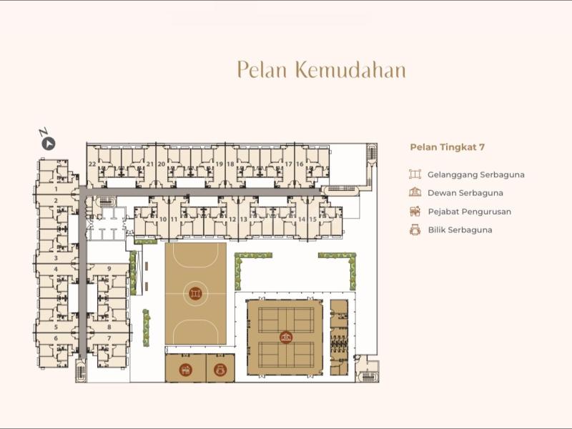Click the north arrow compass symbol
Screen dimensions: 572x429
point(48,144)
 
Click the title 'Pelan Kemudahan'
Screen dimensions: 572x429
point(321,69)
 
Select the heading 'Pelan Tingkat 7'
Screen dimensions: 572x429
point(448,147)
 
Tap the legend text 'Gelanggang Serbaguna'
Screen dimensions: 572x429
point(476,174)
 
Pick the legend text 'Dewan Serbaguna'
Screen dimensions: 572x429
point(465,193)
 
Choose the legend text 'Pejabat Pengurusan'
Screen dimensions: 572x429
point(470,212)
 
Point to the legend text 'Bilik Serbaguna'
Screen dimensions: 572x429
point(460,230)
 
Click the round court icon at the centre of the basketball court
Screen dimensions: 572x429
point(195,293)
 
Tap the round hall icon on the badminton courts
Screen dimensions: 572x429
point(287,337)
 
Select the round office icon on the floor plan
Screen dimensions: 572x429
point(186,370)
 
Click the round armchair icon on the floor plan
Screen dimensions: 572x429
point(220,370)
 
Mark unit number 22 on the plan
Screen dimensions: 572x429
point(92,164)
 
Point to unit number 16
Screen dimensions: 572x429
point(300,164)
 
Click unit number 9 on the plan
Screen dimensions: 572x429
point(109,269)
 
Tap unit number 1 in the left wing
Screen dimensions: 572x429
point(56,189)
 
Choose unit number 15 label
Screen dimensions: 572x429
point(313,220)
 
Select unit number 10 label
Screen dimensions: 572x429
point(163,220)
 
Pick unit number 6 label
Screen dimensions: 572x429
point(56,338)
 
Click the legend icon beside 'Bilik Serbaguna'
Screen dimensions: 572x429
point(415,230)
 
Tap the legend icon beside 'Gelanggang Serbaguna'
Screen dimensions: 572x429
point(415,174)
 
